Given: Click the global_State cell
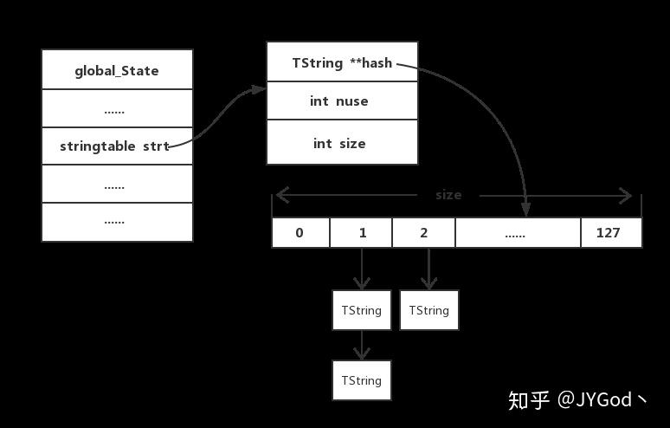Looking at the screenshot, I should coord(117,70).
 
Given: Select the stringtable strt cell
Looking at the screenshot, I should coord(117,146).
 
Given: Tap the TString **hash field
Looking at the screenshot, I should coord(342,62).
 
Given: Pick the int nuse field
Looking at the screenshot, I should coord(342,101).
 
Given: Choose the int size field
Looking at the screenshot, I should coord(342,143).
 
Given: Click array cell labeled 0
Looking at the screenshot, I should coord(300,233).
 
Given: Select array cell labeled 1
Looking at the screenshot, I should coord(361,233).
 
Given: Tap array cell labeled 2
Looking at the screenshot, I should coord(423,233).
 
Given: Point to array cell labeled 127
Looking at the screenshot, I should coord(610,233).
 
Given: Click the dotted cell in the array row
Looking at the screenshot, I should coord(518,233).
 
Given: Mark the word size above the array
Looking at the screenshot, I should coord(448,195).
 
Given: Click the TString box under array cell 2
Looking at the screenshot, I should coord(428,310).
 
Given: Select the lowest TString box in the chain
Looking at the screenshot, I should coord(362,380).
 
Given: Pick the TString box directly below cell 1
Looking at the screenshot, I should coord(362,310).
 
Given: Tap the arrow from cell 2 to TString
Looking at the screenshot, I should coord(428,269).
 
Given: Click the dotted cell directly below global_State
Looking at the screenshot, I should coord(117,108).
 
